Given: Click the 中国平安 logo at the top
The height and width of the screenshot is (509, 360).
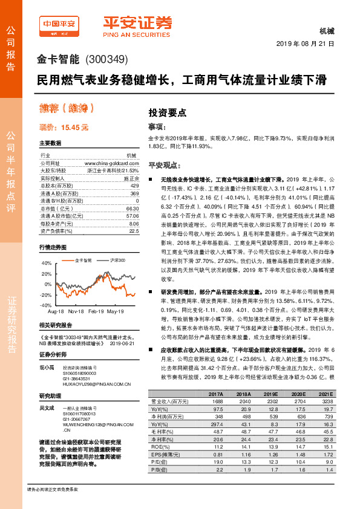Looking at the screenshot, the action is (x=59, y=24).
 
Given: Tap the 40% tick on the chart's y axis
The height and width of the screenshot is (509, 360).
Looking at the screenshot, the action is (x=47, y=264).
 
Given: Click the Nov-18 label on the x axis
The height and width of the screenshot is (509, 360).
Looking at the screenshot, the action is (x=76, y=311).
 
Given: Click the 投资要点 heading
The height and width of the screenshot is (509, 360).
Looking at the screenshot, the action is (x=168, y=112).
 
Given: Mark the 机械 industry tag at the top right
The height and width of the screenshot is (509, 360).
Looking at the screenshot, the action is (x=326, y=32).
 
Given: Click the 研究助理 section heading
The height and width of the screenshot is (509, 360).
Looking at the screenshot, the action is (x=51, y=397).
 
